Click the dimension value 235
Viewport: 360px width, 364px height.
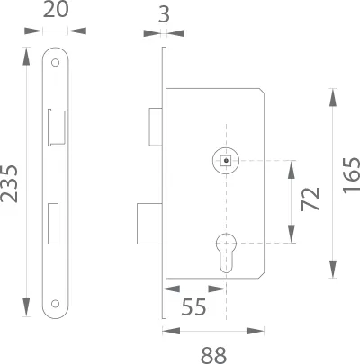coord(10,184)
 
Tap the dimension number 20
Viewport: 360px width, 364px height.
coord(56,9)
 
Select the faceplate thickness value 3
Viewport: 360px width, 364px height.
coord(164,14)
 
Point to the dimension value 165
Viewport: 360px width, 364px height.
coord(351,175)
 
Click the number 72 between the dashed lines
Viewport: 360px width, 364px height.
coord(310,199)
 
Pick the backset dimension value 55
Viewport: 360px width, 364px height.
coord(193,306)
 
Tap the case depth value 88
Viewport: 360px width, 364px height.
coord(213,355)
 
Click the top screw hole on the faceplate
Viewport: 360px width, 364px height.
coord(55,63)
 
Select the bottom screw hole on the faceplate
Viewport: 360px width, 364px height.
coord(55,304)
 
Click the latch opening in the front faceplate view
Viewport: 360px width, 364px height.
coord(56,128)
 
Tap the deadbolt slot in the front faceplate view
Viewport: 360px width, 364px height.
coord(53,224)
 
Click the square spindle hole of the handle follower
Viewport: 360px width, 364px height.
coord(226,161)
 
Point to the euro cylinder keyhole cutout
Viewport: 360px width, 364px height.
coord(226,253)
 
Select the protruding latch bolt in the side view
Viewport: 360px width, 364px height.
coord(156,127)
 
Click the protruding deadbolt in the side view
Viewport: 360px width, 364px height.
coord(149,224)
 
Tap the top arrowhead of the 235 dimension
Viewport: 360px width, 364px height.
coord(26,56)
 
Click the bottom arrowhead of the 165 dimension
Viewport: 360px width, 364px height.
coord(332,269)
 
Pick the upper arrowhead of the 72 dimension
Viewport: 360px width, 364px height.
coord(292,170)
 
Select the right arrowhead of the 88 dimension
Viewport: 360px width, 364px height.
coord(256,331)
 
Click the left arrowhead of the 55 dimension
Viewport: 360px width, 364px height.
coord(171,289)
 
